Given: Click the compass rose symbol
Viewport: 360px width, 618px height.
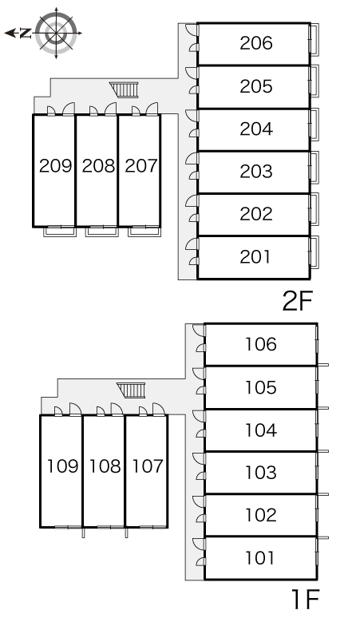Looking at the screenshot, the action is pos(56,33).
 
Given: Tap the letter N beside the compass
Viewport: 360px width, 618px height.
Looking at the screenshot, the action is pos(26,34).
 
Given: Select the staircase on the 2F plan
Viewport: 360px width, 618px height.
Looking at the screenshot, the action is pos(125,89).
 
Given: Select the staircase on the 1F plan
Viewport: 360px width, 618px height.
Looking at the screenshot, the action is pos(131,390).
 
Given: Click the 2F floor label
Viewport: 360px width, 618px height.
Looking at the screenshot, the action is pos(298,301).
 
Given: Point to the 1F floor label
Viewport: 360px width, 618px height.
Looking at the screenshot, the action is pos(305,599).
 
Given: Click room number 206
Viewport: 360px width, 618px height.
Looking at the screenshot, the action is pos(256,43).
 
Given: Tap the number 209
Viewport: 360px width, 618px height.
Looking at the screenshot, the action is pos(56,165).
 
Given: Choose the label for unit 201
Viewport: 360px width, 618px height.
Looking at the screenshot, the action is pos(255,257).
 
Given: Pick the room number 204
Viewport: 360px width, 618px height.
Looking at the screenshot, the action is pos(256,129).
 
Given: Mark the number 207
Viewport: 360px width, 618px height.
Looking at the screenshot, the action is pos(141,165).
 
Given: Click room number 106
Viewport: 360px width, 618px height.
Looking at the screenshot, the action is pos(261,344).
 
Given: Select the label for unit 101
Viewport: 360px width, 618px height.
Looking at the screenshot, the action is pos(260,558).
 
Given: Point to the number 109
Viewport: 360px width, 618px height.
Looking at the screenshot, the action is pos(62,466).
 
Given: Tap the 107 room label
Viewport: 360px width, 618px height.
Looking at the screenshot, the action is pos(148,466).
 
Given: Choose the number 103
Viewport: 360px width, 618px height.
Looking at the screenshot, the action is pos(261,472).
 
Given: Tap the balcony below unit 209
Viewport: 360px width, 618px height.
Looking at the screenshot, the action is pos(60,232).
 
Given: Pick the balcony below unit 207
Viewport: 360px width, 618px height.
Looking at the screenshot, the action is pos(144,232).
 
